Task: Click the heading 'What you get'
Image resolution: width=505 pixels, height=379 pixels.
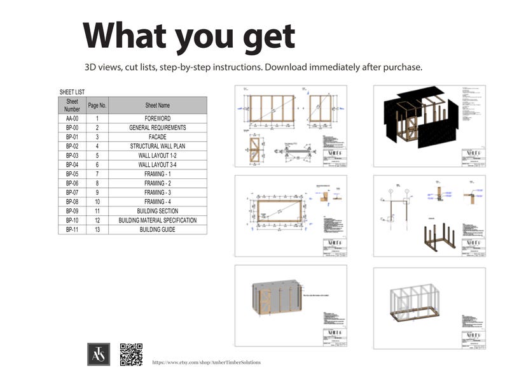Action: click(x=189, y=36)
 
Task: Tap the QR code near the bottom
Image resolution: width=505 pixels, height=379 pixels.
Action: click(x=131, y=354)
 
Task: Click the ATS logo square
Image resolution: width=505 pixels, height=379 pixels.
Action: click(x=99, y=354)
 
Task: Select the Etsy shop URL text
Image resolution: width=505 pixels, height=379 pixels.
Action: click(x=206, y=362)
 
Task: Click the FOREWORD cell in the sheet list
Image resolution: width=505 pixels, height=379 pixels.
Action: click(x=157, y=118)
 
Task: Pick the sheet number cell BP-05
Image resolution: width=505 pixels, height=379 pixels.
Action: click(x=72, y=174)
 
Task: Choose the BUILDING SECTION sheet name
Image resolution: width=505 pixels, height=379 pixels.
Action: click(x=157, y=211)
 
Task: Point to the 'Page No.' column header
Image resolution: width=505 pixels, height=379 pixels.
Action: click(x=97, y=105)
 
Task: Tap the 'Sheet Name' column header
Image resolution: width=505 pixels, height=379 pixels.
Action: click(x=157, y=105)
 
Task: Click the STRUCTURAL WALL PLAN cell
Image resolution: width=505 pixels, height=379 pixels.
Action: click(x=157, y=146)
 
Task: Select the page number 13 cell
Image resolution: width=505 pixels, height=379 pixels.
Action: click(x=97, y=229)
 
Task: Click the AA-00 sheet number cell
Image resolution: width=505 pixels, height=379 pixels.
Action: click(x=72, y=118)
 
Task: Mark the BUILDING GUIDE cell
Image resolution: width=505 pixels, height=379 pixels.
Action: click(x=157, y=229)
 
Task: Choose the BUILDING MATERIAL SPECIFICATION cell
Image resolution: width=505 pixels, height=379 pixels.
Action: click(x=157, y=220)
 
